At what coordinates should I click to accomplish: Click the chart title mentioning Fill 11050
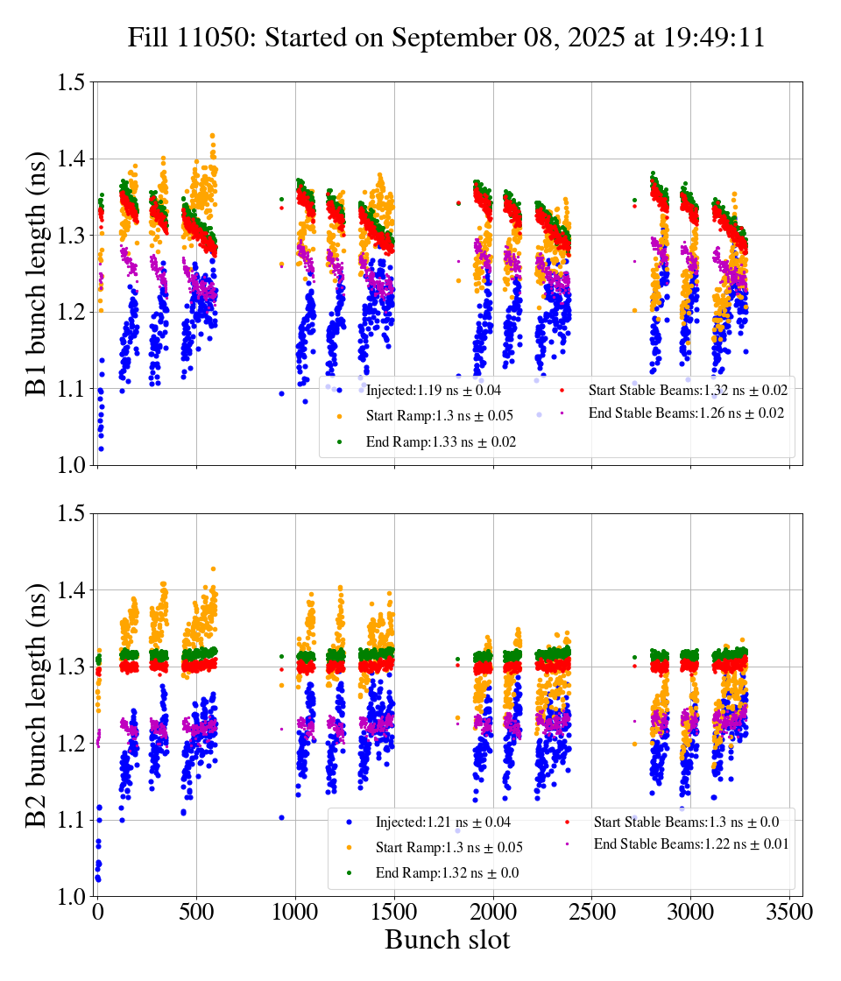tap(446, 39)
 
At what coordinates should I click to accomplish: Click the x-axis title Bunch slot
tap(447, 940)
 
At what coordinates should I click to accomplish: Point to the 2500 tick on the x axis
tap(591, 912)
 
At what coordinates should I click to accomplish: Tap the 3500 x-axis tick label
tap(789, 912)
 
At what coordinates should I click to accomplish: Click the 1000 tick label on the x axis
tap(295, 912)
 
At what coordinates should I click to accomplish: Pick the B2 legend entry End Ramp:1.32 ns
tap(440, 873)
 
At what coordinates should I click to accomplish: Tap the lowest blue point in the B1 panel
tap(101, 448)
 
